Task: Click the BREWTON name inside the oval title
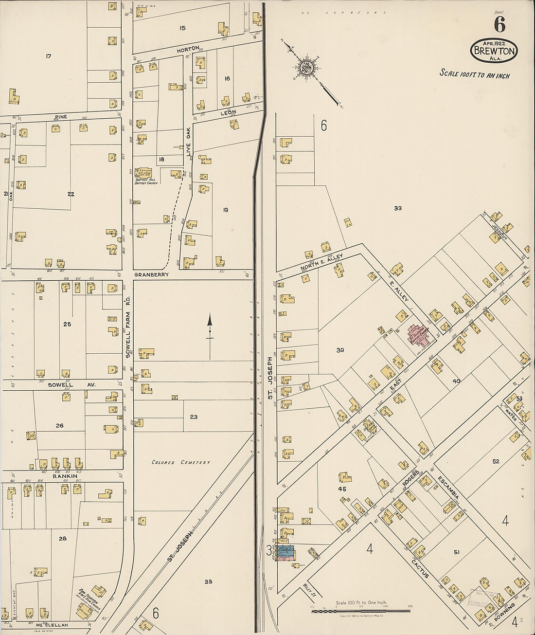coord(494,50)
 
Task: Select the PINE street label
coord(60,117)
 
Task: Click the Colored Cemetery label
coord(180,462)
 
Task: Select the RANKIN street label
coord(63,476)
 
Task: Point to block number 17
coord(48,56)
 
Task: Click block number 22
coord(71,194)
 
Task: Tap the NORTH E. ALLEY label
coord(321,261)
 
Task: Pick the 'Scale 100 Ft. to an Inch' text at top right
coord(474,74)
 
